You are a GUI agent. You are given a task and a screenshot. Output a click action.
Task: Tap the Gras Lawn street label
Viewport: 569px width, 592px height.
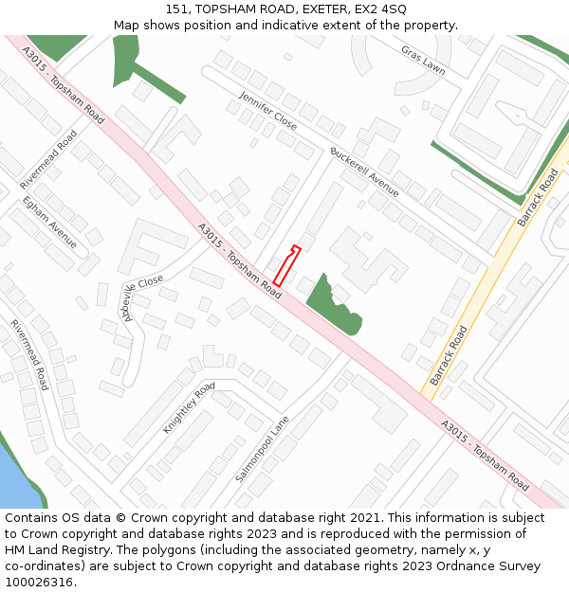click(422, 60)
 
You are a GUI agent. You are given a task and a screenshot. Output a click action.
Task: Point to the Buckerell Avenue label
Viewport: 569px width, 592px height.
click(364, 171)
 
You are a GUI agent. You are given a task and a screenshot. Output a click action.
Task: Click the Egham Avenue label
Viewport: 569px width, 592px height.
click(50, 221)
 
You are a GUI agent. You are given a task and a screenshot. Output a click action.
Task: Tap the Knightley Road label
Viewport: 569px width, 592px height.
click(189, 407)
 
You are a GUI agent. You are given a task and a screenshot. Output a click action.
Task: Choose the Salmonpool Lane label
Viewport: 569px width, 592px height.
click(262, 448)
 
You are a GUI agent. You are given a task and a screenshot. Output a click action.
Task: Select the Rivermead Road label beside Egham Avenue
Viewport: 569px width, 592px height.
click(48, 159)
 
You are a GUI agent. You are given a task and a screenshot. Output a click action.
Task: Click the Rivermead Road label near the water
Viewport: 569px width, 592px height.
click(29, 354)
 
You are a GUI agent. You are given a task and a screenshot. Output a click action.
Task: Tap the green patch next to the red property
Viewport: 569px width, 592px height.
click(332, 305)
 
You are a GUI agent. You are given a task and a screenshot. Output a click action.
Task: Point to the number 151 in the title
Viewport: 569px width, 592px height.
click(175, 9)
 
